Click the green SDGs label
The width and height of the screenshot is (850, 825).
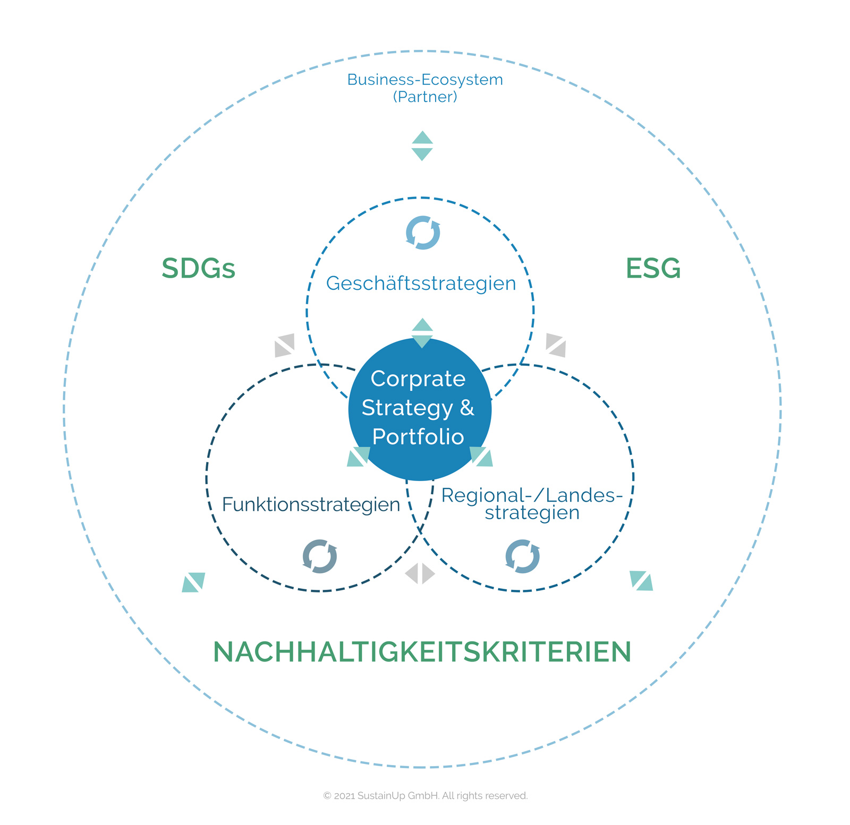tap(198, 269)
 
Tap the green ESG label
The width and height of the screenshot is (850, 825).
tap(653, 269)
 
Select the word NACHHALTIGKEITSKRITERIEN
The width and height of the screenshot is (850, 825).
tap(422, 652)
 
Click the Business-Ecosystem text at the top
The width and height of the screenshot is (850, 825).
tap(424, 80)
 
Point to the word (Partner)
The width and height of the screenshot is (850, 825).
tap(424, 97)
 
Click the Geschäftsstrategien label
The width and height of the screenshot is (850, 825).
tap(421, 283)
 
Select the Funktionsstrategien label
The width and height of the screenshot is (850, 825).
tap(311, 504)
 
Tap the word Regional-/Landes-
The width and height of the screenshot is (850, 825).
tap(531, 495)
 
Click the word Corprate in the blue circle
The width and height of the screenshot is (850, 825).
tap(418, 379)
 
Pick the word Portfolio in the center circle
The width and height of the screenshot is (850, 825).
tap(418, 437)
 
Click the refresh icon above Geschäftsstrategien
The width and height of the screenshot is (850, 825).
tap(423, 233)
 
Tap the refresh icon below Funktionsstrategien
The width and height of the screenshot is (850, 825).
tap(320, 556)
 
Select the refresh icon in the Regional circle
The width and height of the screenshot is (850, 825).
tap(523, 556)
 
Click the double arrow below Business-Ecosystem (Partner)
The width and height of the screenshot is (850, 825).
tap(422, 146)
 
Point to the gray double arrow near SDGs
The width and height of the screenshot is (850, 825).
tap(285, 345)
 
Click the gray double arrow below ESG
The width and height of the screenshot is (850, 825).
tap(556, 345)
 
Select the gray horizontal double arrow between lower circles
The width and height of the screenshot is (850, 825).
tap(420, 573)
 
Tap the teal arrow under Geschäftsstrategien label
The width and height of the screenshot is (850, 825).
tap(422, 333)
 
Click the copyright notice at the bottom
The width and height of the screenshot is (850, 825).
tap(425, 796)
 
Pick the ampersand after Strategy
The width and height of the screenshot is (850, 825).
tap(467, 408)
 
